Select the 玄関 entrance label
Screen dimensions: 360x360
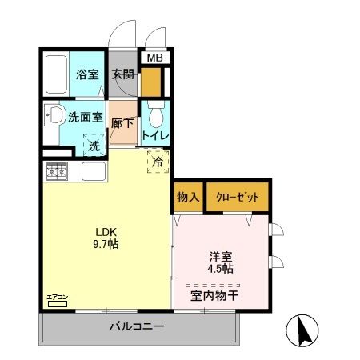point(123,74)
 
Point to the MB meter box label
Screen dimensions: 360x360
point(154,58)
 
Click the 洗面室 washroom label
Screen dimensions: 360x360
point(87,117)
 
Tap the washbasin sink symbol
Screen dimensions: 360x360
point(54,116)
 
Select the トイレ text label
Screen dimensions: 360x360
point(155,135)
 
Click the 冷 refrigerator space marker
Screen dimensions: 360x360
point(158,161)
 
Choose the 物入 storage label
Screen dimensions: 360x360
point(187,197)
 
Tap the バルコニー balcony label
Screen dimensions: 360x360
point(137,327)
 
